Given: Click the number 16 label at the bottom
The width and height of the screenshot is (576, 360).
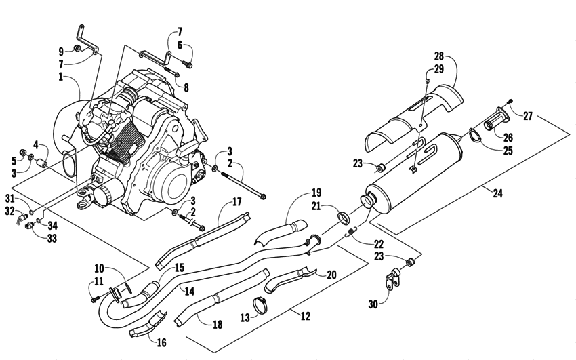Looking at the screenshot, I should coord(161,343).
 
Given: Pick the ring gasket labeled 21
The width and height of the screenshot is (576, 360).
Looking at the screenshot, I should coord(344,218).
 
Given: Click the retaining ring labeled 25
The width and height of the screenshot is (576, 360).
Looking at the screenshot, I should coord(474,137).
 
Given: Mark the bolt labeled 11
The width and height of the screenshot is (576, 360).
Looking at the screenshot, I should coord(94,297).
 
